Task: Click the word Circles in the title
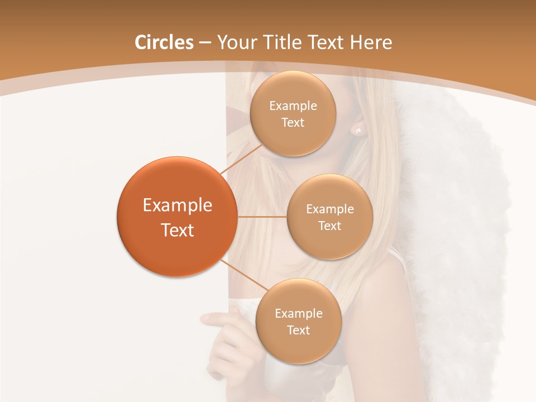point(164,42)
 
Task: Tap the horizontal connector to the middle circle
point(262,216)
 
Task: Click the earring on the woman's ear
point(358,131)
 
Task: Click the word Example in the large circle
point(178,205)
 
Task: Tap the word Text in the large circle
point(178,229)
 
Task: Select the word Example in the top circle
point(293,106)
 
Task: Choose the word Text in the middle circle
point(329,226)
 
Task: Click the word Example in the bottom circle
point(298,313)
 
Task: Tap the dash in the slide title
point(205,42)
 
